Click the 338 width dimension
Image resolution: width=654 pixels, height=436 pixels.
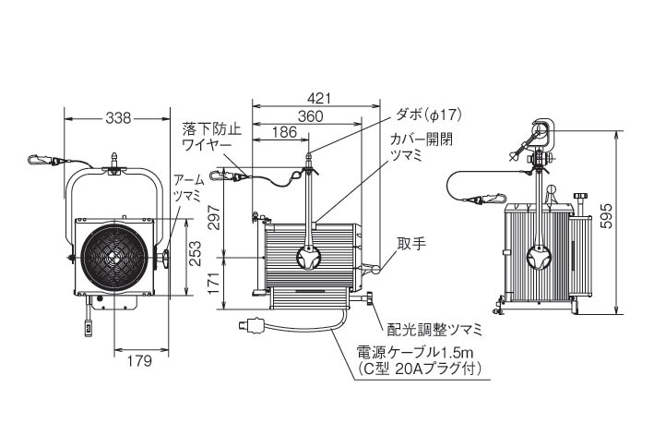click(x=117, y=117)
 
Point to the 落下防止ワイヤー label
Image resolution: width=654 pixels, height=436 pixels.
click(x=211, y=137)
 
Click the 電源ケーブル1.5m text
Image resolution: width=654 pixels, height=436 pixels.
click(x=414, y=353)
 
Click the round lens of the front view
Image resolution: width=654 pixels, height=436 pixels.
click(x=113, y=259)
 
